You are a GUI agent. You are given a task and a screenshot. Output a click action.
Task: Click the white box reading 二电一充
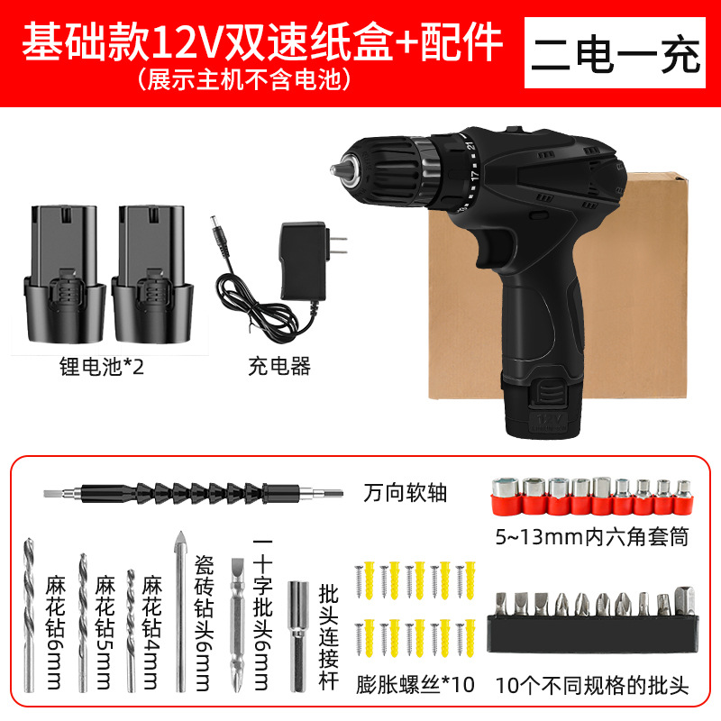[x=627, y=54]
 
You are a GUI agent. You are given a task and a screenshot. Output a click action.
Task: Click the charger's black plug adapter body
[x=303, y=263]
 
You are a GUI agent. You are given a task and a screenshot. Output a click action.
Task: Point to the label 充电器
[x=278, y=367]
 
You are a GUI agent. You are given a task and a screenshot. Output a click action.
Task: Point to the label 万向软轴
[x=405, y=493]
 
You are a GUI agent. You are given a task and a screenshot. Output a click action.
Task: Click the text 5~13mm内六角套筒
[x=591, y=538]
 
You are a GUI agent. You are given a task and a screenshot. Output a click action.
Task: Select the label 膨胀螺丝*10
[x=415, y=684]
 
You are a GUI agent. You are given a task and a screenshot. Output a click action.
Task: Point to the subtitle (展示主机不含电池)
[x=242, y=79]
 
